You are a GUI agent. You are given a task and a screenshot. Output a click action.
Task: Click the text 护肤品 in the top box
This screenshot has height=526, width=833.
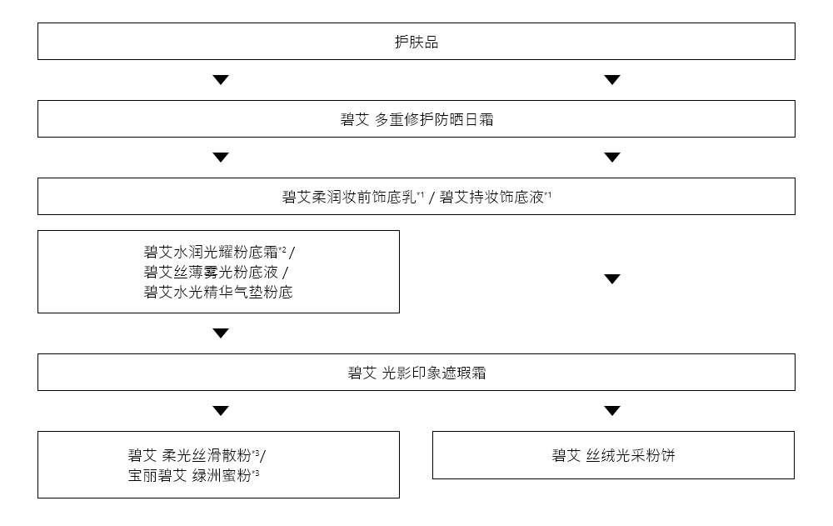[x=416, y=43]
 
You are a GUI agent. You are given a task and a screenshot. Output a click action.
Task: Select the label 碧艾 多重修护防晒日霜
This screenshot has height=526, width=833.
[x=416, y=119]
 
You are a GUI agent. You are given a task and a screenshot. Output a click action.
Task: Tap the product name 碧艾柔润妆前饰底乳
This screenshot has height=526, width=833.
[x=349, y=198]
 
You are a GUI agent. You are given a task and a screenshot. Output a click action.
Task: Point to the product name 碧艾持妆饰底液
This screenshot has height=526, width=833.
[x=491, y=198]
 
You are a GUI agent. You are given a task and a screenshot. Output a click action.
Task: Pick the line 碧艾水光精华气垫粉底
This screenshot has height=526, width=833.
[x=218, y=293]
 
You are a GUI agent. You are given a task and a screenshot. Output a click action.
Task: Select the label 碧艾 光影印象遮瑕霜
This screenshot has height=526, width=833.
[x=416, y=373]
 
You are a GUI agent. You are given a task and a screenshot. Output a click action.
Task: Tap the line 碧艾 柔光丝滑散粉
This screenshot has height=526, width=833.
[x=189, y=455]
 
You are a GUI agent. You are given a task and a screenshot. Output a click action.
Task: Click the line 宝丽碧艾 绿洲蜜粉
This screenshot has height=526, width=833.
[x=190, y=476]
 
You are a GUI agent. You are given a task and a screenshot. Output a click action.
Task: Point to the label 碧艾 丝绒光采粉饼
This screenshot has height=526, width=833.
[x=613, y=455]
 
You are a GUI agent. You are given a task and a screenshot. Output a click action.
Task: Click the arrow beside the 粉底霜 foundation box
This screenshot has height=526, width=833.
[x=612, y=279]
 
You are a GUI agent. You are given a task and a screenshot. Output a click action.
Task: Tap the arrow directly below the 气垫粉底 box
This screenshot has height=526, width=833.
[x=220, y=333]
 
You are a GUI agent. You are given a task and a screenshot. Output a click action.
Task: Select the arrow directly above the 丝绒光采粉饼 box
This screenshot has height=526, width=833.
[x=612, y=411]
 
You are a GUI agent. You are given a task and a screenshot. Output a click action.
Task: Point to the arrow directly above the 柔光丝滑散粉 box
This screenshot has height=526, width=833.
[x=220, y=411]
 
